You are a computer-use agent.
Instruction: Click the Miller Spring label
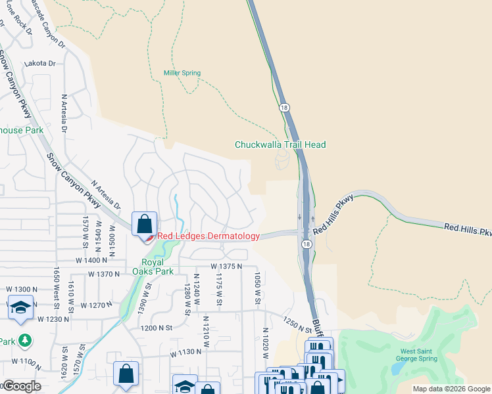tap(181, 72)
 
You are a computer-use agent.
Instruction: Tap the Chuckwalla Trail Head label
tap(280, 144)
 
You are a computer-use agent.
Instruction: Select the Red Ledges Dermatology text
tap(207, 236)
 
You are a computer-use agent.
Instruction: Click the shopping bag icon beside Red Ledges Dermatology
tap(144, 224)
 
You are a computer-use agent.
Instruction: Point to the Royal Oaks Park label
tap(153, 266)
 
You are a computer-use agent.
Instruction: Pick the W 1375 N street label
tap(226, 266)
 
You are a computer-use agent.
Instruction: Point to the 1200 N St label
tap(155, 327)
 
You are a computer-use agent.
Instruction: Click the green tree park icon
tap(24, 340)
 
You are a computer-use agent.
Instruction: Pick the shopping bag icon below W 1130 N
tap(126, 374)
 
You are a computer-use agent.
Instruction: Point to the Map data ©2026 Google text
tap(451, 389)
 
